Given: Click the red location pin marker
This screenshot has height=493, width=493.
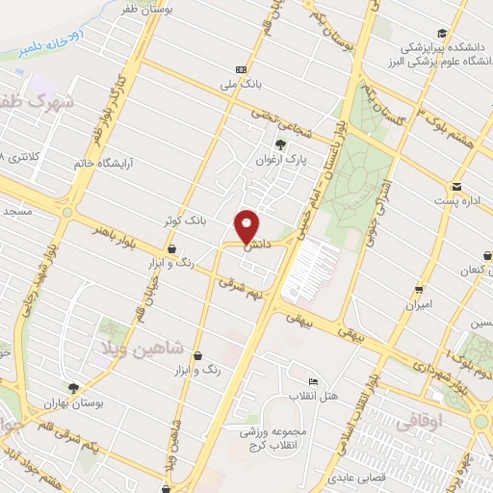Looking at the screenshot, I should point(246,226).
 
